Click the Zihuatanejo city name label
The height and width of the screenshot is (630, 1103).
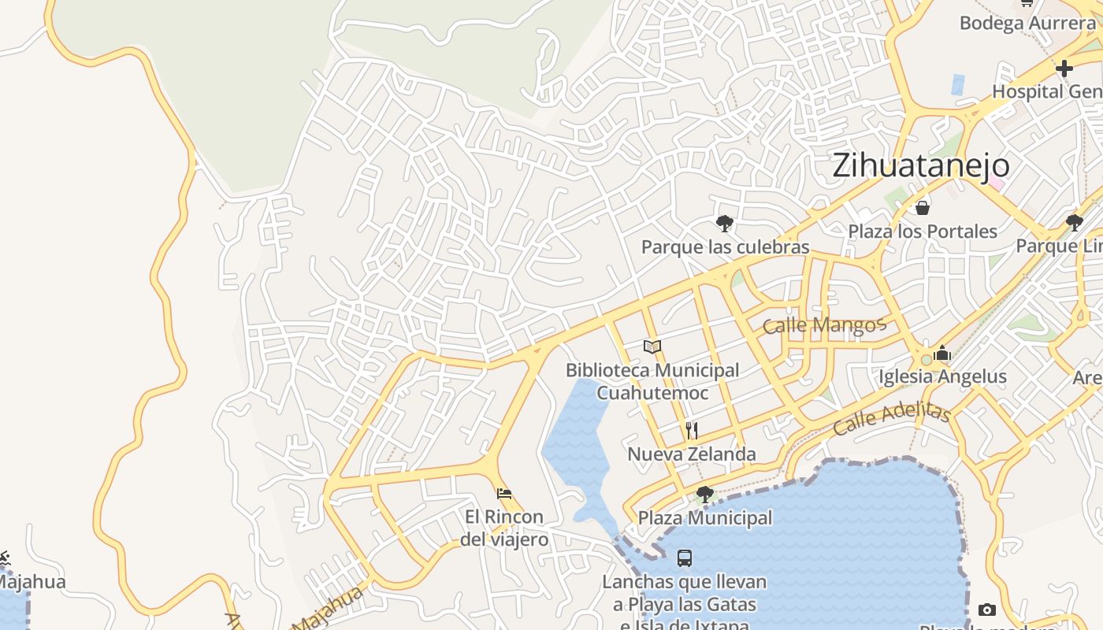pos(920,165)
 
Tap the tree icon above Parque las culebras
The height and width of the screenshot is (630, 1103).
pos(725,224)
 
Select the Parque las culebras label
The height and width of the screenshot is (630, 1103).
pos(725,247)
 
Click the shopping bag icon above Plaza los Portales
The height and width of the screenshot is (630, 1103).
pos(923,208)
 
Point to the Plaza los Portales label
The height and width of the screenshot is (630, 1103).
pos(923,232)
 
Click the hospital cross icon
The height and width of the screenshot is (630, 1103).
pos(1064,69)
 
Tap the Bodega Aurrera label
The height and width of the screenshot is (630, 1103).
pos(1027,23)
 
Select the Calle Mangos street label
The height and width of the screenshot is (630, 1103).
pos(825,324)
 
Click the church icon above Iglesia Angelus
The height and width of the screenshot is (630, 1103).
pos(942,354)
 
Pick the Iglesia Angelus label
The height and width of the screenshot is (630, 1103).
pos(942,376)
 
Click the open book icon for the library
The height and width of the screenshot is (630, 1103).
pos(652,346)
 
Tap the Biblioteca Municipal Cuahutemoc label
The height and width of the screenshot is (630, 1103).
pos(652,381)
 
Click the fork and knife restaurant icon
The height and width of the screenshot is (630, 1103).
pos(692,430)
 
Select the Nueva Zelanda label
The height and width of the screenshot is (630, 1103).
pos(692,454)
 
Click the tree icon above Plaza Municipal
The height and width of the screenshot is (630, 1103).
pos(705,495)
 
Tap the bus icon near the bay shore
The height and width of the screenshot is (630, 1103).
pos(685,558)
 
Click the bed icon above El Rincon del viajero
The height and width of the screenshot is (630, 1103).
pos(504,494)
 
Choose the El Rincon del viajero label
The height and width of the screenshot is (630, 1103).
pos(504,528)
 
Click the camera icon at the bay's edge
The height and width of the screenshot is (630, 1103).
pos(986,610)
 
